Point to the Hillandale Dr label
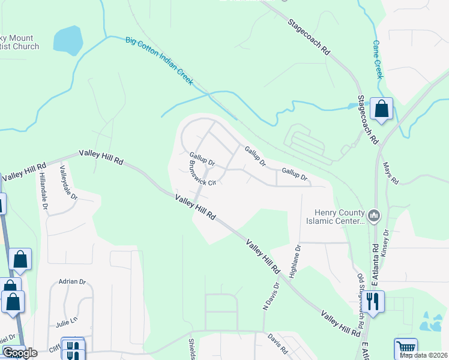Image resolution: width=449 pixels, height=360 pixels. (44, 190)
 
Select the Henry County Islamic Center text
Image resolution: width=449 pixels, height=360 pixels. (340, 217)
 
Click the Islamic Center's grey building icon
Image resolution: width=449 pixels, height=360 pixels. (373, 215)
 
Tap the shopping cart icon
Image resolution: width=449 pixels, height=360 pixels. (406, 347)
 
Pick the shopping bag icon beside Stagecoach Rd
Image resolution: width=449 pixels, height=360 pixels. (381, 109)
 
